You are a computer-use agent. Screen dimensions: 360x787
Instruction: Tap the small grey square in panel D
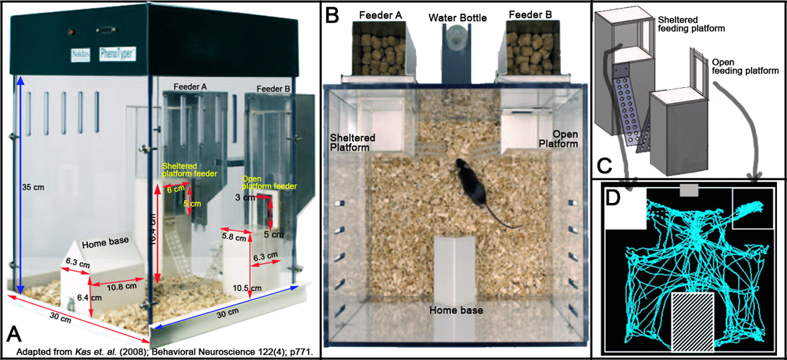689,189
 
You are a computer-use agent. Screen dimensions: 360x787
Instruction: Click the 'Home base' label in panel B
455,311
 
